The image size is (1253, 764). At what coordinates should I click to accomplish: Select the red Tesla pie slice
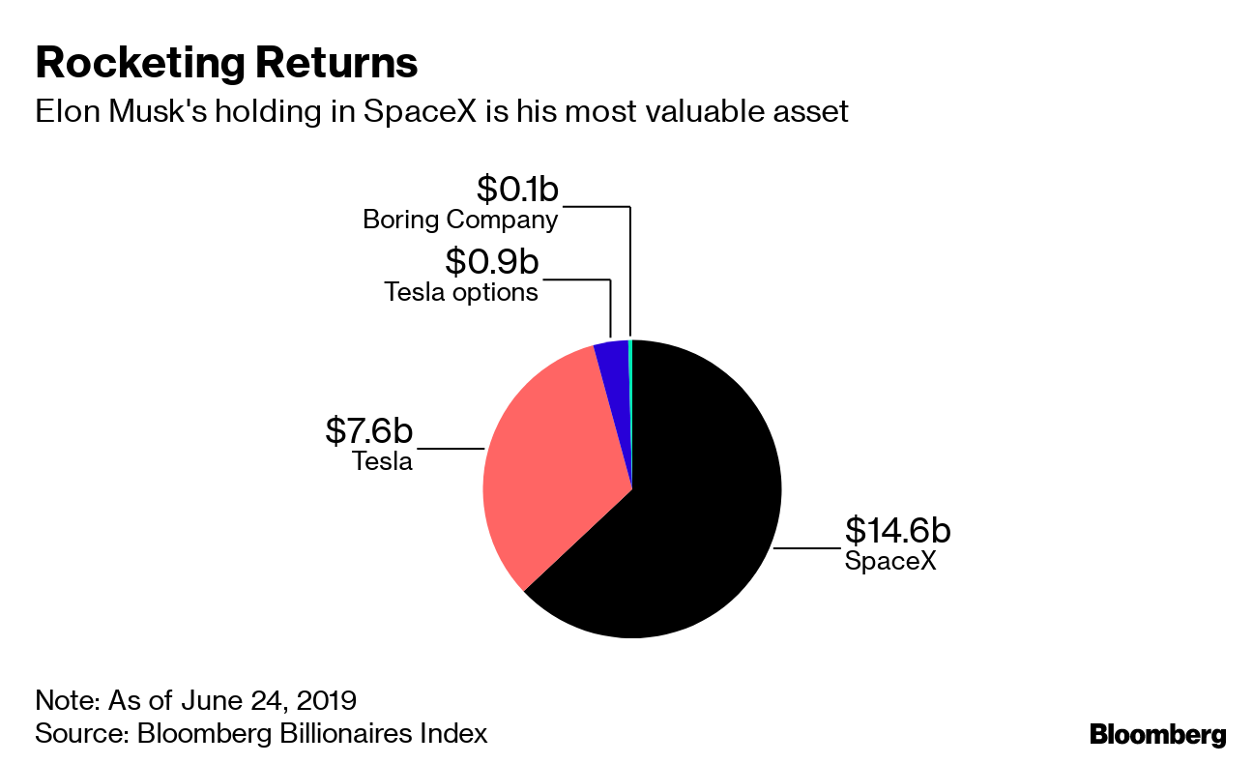tap(551, 464)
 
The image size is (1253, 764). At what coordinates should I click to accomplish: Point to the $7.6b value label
tap(368, 430)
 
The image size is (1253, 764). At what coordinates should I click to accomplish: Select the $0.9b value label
tap(490, 261)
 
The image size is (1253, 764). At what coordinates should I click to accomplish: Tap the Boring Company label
tap(460, 220)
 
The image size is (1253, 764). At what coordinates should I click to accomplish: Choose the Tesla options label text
tap(461, 291)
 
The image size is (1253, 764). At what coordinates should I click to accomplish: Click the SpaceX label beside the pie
tap(890, 560)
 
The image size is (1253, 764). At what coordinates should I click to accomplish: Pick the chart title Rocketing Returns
tap(226, 63)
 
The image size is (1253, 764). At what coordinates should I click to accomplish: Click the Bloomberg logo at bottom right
tap(1157, 734)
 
